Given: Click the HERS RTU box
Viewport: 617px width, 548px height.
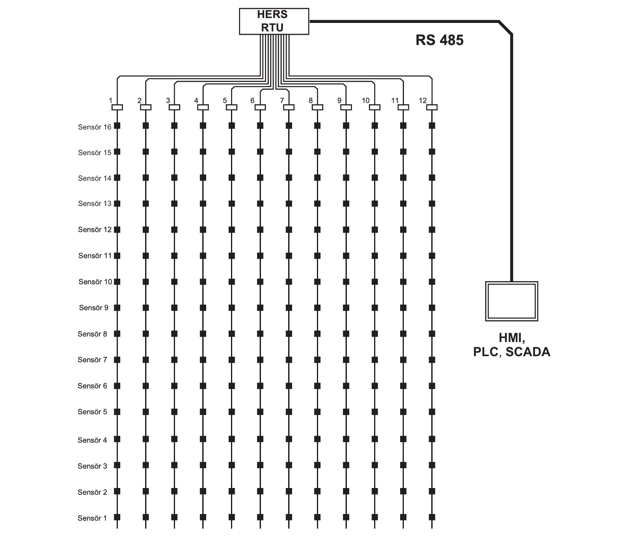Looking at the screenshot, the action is tap(274, 21).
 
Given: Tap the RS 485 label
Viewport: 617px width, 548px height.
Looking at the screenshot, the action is tap(439, 40).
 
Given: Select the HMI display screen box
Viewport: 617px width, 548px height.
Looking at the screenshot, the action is tap(511, 301).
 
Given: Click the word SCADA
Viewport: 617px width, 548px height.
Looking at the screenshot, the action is tap(528, 352).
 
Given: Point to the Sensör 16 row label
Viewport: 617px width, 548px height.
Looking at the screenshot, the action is tap(95, 127).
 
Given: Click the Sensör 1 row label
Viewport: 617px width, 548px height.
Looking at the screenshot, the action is tap(92, 518).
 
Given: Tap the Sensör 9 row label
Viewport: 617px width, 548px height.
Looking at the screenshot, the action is tap(94, 308).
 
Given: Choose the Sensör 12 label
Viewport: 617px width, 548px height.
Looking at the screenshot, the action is tap(95, 230).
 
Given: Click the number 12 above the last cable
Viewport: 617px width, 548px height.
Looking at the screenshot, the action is tap(423, 101).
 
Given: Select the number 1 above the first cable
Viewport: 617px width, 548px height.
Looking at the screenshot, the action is tap(110, 101).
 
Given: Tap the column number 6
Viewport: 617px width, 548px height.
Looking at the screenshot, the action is tap(252, 101).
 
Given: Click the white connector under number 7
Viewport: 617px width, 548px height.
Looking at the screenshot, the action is tap(289, 107).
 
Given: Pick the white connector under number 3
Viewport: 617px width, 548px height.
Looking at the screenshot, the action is tap(174, 107).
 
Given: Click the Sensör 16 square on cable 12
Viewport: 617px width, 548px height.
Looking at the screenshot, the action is tap(432, 125).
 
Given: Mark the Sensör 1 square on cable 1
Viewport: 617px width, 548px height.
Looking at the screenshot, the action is tap(117, 517).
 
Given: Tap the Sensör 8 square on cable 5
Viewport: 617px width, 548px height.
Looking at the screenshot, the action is tap(231, 334).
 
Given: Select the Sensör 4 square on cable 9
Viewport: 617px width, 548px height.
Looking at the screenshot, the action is tap(346, 439).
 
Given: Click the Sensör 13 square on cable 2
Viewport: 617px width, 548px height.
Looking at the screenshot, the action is tap(145, 203).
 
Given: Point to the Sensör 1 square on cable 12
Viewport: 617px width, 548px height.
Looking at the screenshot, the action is tap(432, 517).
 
